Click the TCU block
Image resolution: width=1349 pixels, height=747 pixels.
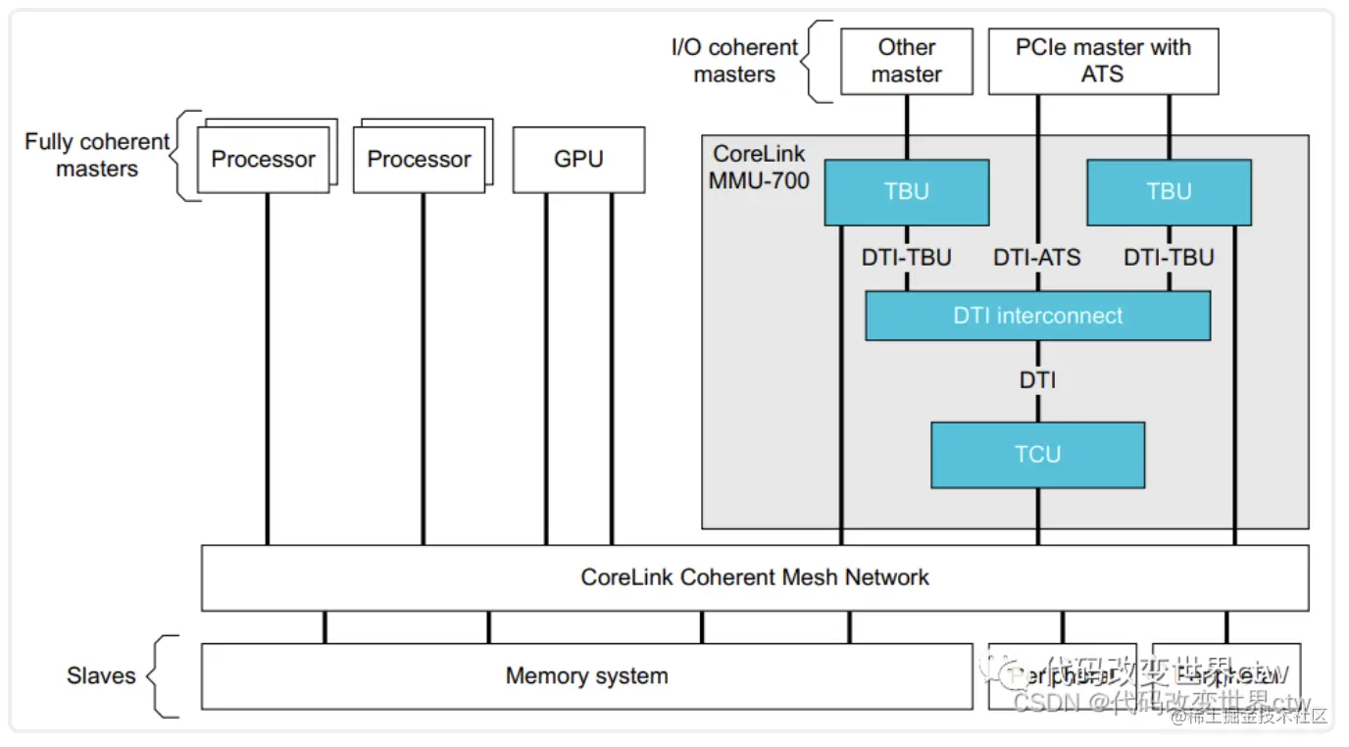tap(1037, 455)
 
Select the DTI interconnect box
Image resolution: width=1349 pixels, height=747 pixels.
tap(1037, 316)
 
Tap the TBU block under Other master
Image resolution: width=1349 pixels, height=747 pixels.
tap(906, 192)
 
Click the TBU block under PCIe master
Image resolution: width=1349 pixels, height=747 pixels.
tap(1169, 192)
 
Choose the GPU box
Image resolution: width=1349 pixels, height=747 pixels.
tap(578, 159)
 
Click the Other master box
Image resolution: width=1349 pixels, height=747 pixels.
tap(906, 61)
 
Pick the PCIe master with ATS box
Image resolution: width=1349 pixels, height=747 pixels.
tap(1103, 61)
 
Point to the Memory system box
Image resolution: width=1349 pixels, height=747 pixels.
tap(586, 675)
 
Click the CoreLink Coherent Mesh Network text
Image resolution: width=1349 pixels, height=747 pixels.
tap(755, 577)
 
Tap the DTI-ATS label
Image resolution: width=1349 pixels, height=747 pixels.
tap(1037, 258)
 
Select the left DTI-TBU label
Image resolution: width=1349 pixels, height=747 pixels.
tap(907, 258)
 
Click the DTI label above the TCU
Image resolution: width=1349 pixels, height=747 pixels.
tap(1037, 380)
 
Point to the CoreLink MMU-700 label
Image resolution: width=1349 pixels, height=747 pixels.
tap(759, 168)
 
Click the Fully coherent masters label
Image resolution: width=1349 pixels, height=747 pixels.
tap(97, 155)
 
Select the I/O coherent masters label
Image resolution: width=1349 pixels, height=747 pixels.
tap(734, 61)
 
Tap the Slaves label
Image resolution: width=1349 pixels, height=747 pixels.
tap(101, 675)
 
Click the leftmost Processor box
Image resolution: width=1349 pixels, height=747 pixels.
tap(264, 160)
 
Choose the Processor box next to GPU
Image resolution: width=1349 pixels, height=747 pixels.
tap(420, 160)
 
